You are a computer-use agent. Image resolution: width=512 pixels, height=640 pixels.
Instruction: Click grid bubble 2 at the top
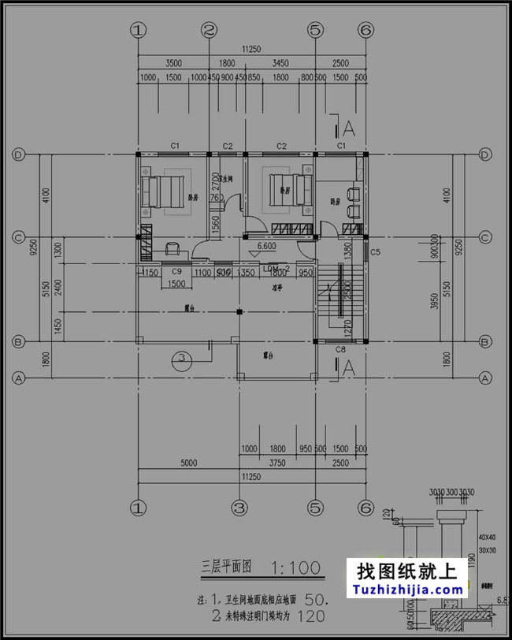click(209, 30)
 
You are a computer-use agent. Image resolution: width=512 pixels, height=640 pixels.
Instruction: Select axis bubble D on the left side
click(18, 154)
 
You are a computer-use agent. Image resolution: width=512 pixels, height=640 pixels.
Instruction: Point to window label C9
click(177, 272)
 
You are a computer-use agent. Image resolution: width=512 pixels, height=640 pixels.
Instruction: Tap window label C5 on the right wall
click(376, 252)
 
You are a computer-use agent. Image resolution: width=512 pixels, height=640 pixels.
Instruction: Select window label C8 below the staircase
click(341, 349)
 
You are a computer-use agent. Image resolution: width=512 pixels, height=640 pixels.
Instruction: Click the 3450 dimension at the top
click(280, 61)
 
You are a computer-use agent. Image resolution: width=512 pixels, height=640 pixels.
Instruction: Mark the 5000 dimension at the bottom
click(188, 463)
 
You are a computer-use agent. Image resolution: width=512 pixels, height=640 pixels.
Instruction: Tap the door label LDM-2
click(276, 269)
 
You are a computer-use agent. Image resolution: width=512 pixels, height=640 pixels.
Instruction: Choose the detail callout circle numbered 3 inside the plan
click(183, 359)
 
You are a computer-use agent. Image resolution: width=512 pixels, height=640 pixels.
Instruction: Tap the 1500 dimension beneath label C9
click(177, 284)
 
